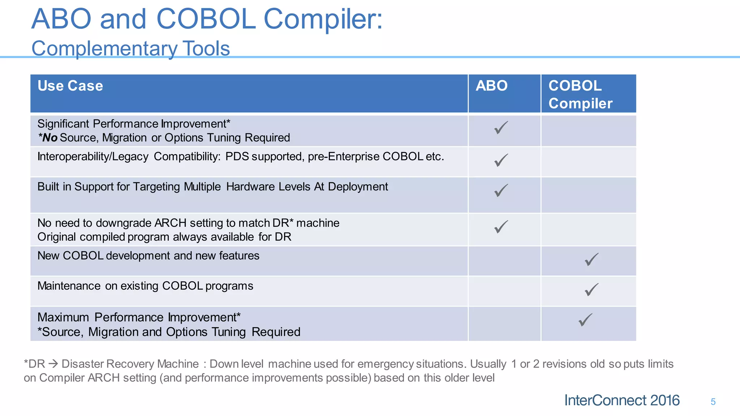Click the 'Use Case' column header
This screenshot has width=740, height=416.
pyautogui.click(x=70, y=86)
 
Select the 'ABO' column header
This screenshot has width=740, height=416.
pyautogui.click(x=491, y=86)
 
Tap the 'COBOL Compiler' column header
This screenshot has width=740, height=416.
pyautogui.click(x=580, y=95)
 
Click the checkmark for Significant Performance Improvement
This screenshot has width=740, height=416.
pyautogui.click(x=501, y=127)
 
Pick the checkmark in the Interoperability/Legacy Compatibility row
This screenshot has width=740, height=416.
pyautogui.click(x=501, y=160)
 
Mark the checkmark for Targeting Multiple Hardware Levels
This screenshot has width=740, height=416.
pyautogui.click(x=501, y=190)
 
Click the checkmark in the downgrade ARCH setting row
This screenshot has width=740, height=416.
pyautogui.click(x=501, y=227)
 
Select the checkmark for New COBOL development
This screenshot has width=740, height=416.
pyautogui.click(x=591, y=259)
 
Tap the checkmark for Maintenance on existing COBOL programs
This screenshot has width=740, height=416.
pyautogui.click(x=591, y=290)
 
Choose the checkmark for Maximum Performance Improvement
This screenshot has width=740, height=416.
pyautogui.click(x=585, y=320)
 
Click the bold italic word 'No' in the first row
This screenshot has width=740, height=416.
pyautogui.click(x=50, y=138)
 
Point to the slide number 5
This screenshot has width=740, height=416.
pyautogui.click(x=713, y=402)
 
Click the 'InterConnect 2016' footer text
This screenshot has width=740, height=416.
pyautogui.click(x=622, y=400)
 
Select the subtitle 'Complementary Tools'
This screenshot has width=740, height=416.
pyautogui.click(x=130, y=48)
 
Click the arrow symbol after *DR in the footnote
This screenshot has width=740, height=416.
pyautogui.click(x=53, y=364)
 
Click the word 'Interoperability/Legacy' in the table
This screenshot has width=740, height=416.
pyautogui.click(x=93, y=157)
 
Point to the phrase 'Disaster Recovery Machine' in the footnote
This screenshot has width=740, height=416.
pyautogui.click(x=130, y=364)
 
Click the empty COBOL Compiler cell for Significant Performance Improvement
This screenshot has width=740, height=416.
pyautogui.click(x=588, y=131)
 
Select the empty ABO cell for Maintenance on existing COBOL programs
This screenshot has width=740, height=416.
pyautogui.click(x=504, y=291)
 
